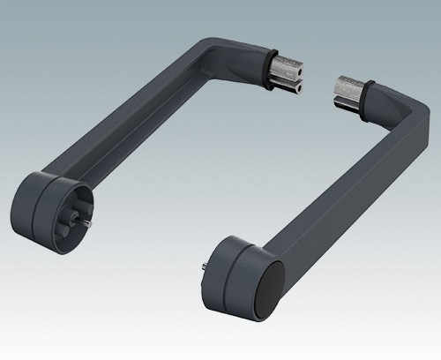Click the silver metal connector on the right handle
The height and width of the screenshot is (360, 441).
coord(350,91)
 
